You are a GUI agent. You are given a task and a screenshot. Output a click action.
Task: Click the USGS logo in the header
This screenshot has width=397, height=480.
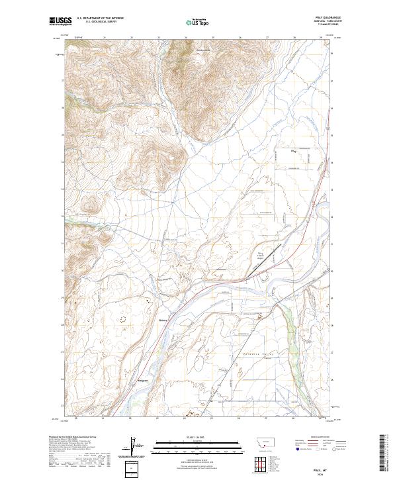(x=60, y=22)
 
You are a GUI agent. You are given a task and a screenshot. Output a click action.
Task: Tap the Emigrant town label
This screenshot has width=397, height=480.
(x=143, y=381)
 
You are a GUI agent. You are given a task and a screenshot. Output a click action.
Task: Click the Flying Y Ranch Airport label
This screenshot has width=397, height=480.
(x=260, y=256)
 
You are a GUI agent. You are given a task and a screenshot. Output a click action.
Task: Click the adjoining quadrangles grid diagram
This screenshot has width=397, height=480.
(x=264, y=463)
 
